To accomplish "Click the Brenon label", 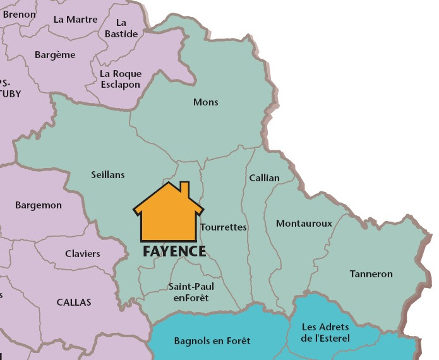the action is coord(19,13).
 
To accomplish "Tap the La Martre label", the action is coord(76,19).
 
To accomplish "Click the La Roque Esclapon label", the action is coord(120,79).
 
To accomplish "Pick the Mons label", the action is coord(205,102).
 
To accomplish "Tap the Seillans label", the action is coord(107,175).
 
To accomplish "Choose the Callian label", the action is coord(264,177).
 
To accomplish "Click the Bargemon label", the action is coord(38,205).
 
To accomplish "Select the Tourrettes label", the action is coord(223,227).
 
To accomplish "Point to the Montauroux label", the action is coord(304,224).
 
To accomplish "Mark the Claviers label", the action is coord(82,254).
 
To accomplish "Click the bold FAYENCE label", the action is coord(174,251).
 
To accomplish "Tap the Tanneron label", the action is coord(371,273).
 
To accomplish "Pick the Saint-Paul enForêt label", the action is coord(191,292).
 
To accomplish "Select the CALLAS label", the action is coord(74,302).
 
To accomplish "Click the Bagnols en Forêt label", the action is coord(212,341).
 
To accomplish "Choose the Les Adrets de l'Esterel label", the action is coord(326,332).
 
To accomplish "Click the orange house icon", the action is coord(168,215).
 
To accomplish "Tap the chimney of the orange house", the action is coord(184,188).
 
